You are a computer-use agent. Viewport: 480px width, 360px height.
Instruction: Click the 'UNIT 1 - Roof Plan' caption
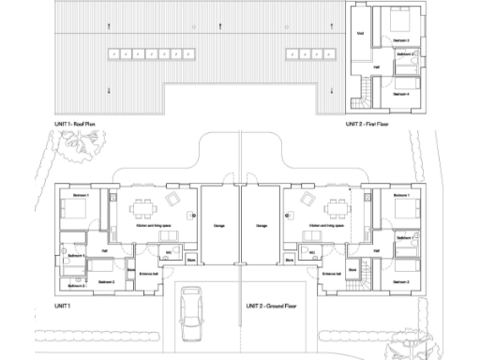pos(83,123)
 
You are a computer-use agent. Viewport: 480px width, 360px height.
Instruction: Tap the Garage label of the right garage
pos(261,226)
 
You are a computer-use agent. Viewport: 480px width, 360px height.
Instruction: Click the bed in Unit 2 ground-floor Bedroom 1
pos(405,210)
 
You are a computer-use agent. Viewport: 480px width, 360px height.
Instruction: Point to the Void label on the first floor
pos(360,34)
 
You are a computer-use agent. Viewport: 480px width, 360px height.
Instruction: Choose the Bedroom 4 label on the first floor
pos(401,94)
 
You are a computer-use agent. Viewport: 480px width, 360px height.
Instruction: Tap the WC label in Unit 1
pos(169,252)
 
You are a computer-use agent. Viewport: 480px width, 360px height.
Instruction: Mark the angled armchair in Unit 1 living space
pos(173,199)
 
